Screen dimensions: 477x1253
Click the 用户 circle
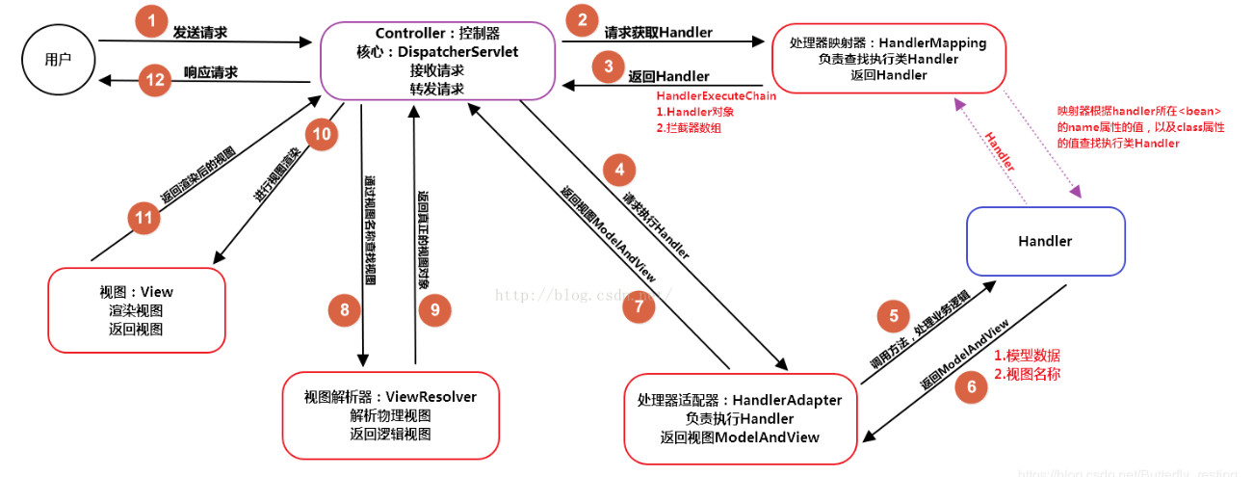(x=60, y=59)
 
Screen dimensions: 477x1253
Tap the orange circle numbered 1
(x=150, y=21)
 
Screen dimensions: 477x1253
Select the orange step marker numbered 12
(x=153, y=79)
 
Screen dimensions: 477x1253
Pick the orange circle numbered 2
(x=581, y=20)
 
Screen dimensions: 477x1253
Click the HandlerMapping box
(x=888, y=60)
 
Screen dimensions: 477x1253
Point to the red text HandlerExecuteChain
(x=716, y=96)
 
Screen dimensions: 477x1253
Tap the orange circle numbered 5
(x=893, y=316)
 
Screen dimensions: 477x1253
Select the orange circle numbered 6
(x=971, y=387)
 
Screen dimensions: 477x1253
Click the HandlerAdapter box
(x=739, y=418)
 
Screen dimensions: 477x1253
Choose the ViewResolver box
(x=390, y=415)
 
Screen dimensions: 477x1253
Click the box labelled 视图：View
(x=136, y=309)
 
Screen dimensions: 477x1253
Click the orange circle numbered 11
(x=144, y=218)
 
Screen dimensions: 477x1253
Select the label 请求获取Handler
(x=658, y=33)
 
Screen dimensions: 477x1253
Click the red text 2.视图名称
(x=1027, y=374)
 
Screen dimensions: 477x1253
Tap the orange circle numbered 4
(x=620, y=171)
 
